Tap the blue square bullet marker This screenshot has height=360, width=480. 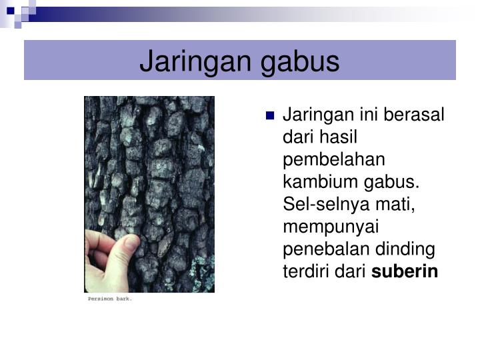[x=269, y=115]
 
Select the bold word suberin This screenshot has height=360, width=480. [x=415, y=272]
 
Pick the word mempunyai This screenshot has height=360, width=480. [x=322, y=227]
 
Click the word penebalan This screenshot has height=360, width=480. [x=319, y=249]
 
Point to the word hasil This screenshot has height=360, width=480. [x=337, y=137]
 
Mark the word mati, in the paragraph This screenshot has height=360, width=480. [x=394, y=205]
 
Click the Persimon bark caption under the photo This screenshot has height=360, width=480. [x=111, y=299]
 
